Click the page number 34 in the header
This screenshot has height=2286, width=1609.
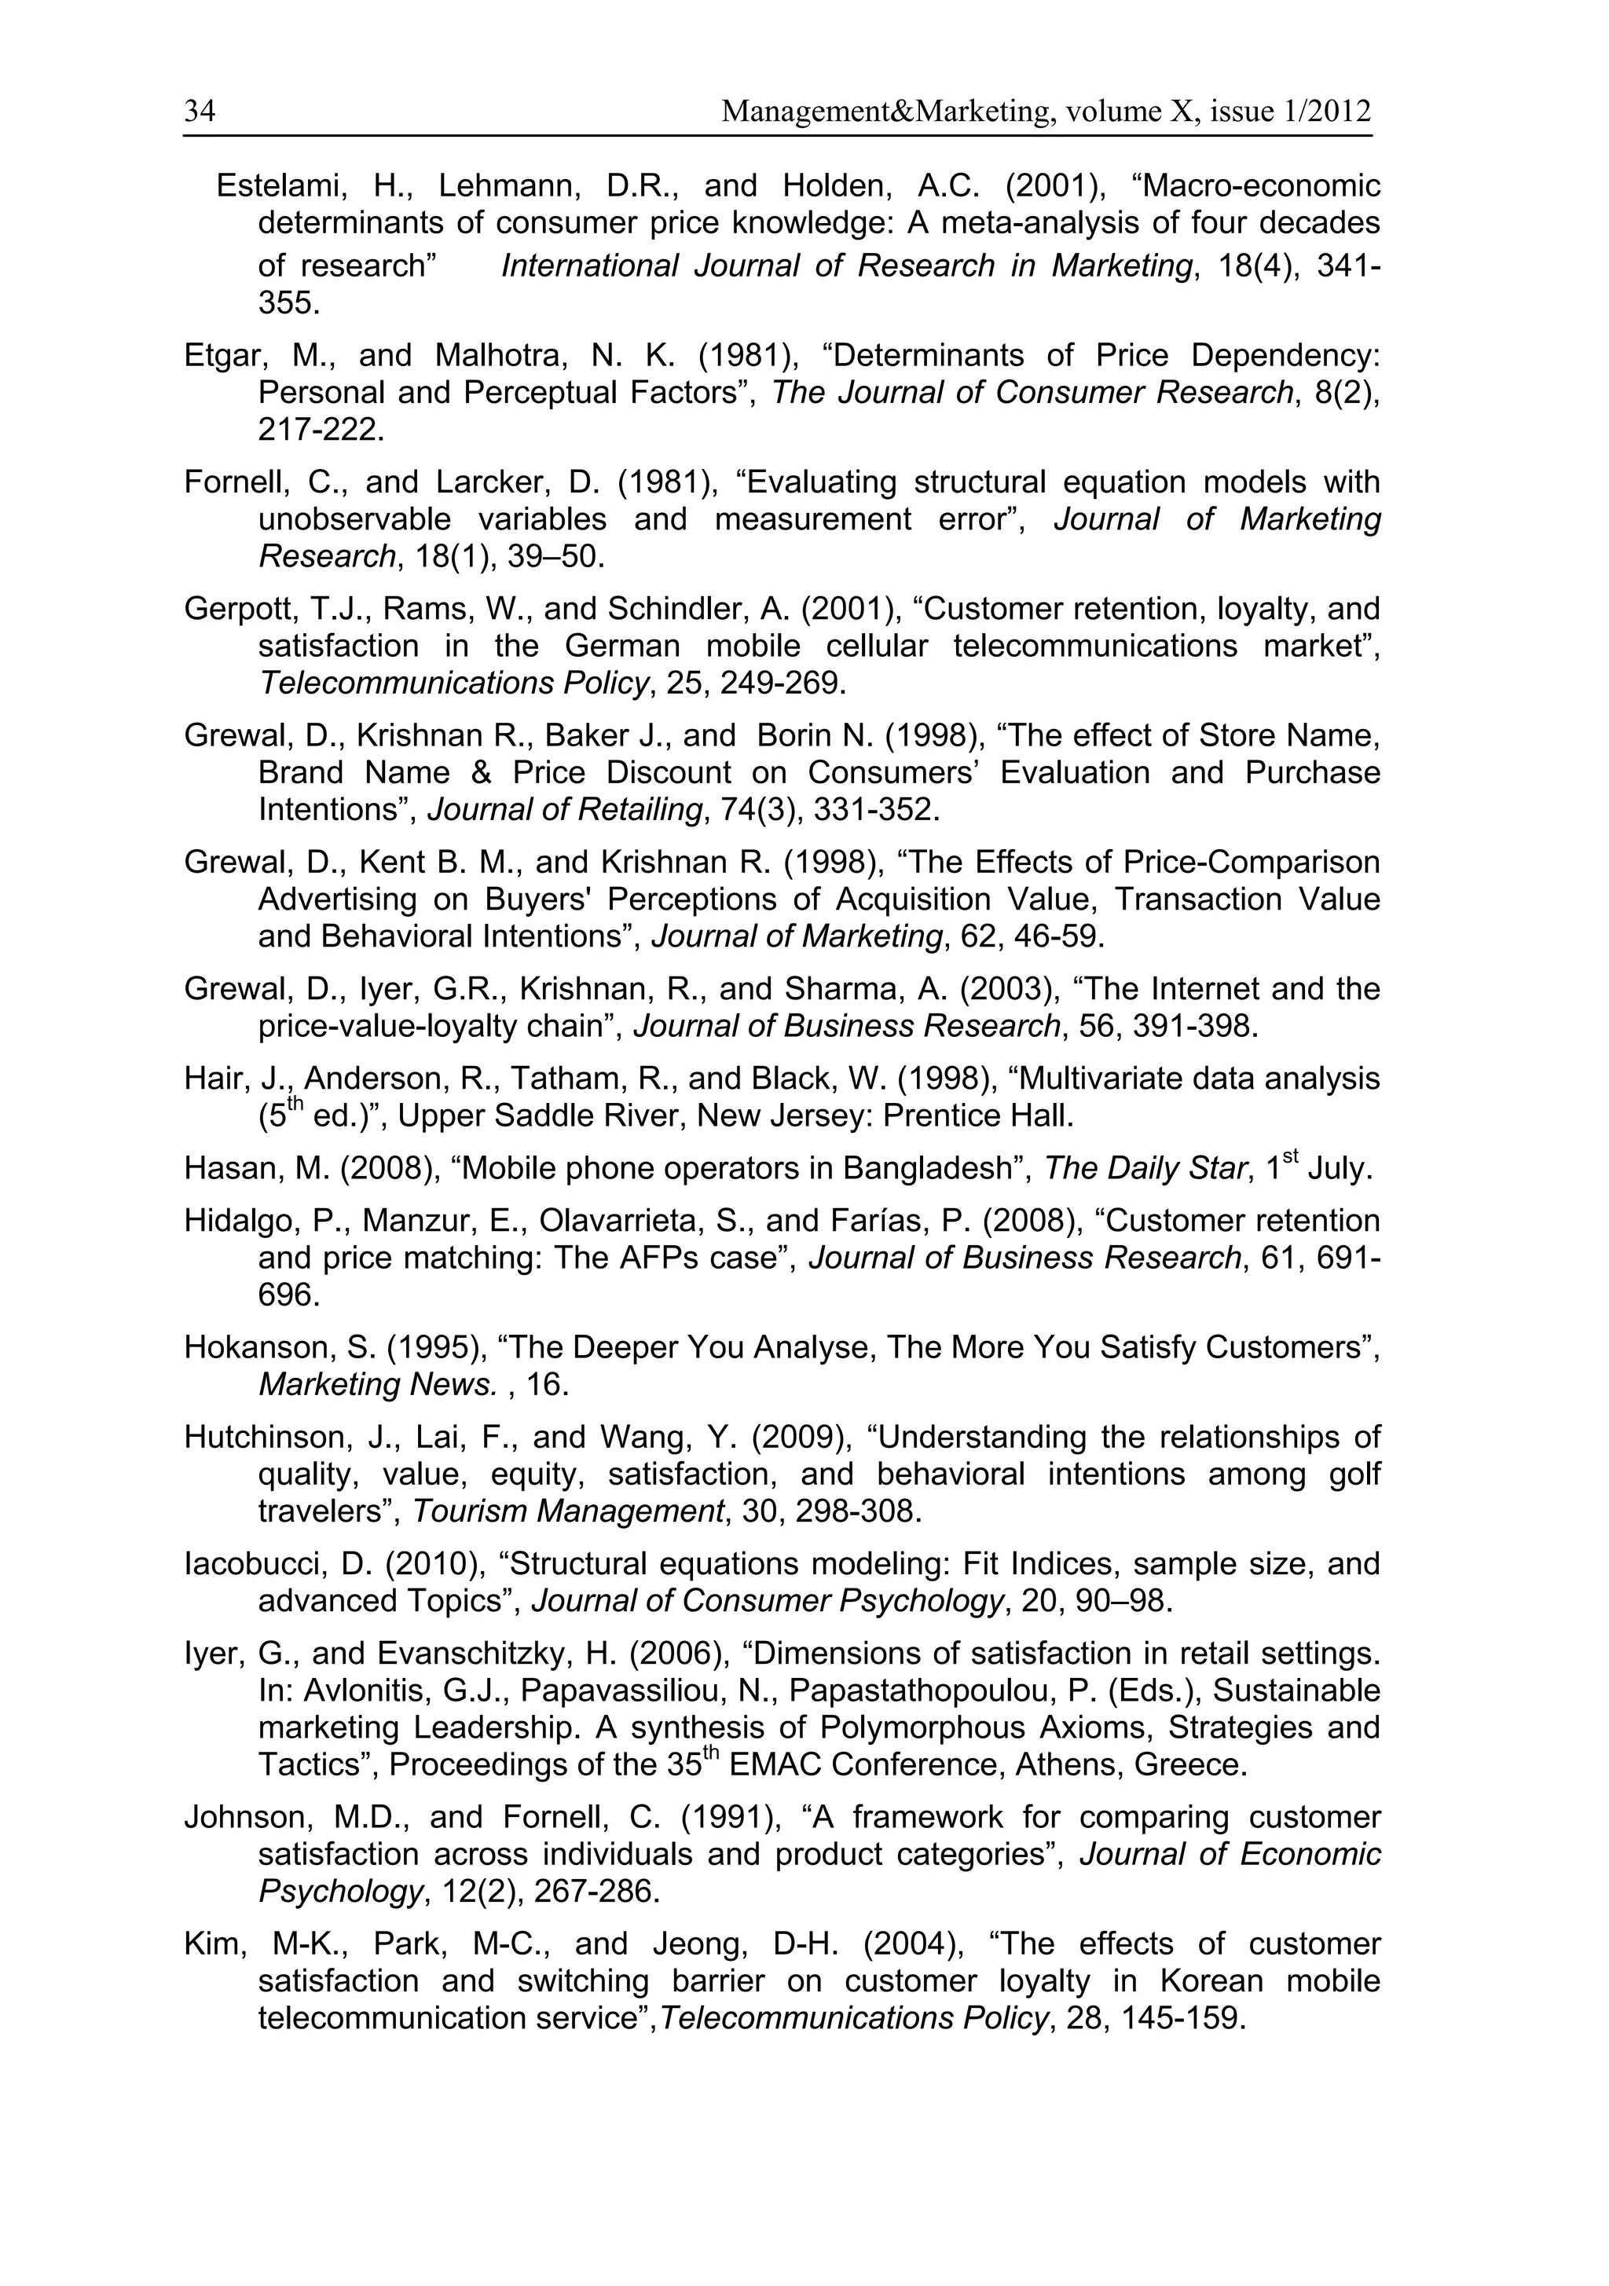(x=199, y=111)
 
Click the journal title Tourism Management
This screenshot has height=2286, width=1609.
(x=567, y=1511)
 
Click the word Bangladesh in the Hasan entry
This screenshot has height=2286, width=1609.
(x=923, y=1168)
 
